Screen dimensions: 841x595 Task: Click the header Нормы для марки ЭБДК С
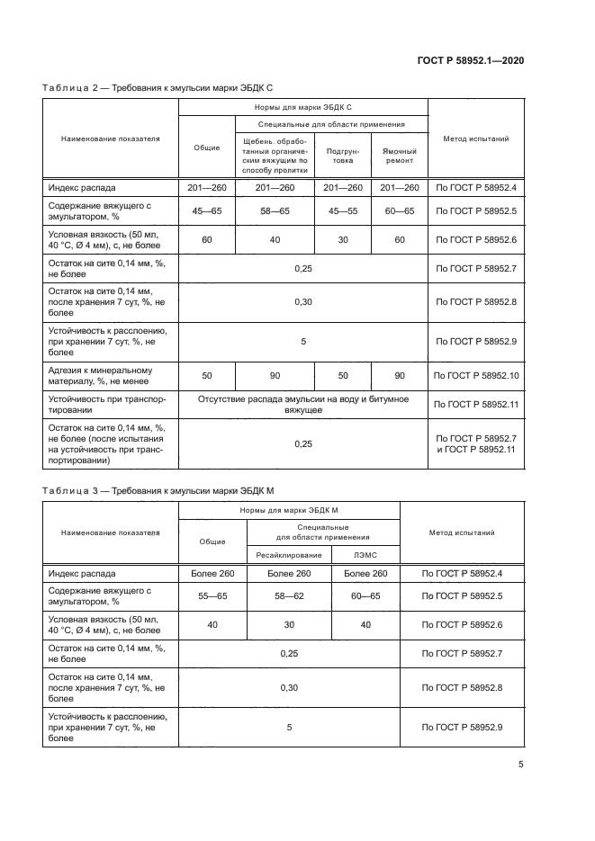pyautogui.click(x=302, y=106)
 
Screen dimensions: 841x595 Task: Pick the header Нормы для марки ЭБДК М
pyautogui.click(x=288, y=510)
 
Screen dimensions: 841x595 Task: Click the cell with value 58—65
pyautogui.click(x=274, y=212)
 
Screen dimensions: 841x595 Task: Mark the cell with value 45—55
pyautogui.click(x=342, y=212)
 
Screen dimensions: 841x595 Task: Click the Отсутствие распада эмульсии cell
pyautogui.click(x=302, y=404)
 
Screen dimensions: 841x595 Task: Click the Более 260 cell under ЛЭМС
pyautogui.click(x=365, y=573)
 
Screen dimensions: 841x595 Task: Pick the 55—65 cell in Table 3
pyautogui.click(x=212, y=595)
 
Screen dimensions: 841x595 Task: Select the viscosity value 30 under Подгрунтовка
pyautogui.click(x=342, y=240)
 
